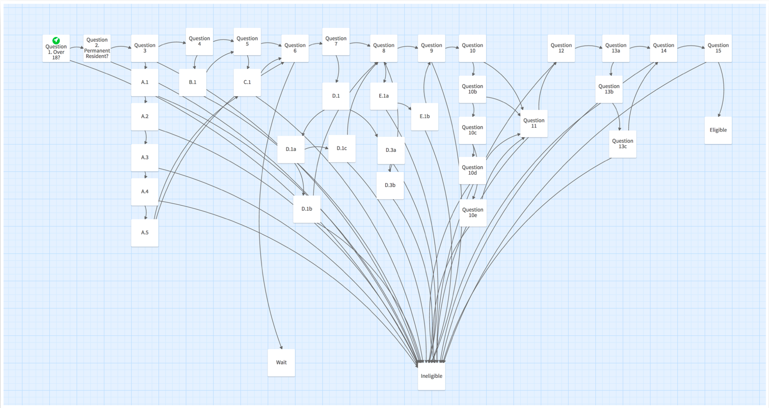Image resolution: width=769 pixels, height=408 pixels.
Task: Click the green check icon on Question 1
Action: coord(56,40)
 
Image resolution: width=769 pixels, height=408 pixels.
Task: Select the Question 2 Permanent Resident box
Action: coord(97,48)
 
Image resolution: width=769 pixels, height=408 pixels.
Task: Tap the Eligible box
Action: coord(718,130)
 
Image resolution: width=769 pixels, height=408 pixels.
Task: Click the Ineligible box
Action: coord(431,376)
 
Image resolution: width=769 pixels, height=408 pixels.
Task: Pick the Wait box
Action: coord(281,363)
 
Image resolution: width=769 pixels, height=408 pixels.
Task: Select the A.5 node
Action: coord(145,232)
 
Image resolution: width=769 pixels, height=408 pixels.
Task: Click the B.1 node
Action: coord(193,82)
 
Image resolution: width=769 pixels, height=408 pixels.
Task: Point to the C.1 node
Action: coord(247,82)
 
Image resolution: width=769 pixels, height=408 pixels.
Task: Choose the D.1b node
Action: coord(306,209)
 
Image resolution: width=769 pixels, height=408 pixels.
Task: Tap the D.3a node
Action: coord(391,150)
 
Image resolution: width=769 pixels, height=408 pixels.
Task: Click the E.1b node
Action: coord(425,116)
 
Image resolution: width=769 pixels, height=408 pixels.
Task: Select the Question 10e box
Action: coord(473,213)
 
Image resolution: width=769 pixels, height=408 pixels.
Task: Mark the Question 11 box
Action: coord(534,123)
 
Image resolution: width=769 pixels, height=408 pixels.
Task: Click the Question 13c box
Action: coord(623,144)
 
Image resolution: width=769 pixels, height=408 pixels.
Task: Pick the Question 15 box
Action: coord(718,48)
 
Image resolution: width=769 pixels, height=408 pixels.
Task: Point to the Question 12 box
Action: coord(561,48)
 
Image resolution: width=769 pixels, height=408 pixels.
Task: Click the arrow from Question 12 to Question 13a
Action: coord(588,46)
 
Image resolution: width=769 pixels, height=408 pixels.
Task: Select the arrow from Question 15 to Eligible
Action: coord(723,88)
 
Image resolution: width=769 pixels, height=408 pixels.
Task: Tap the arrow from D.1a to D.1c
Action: coord(317,148)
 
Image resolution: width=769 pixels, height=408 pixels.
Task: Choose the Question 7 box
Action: coord(336,41)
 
